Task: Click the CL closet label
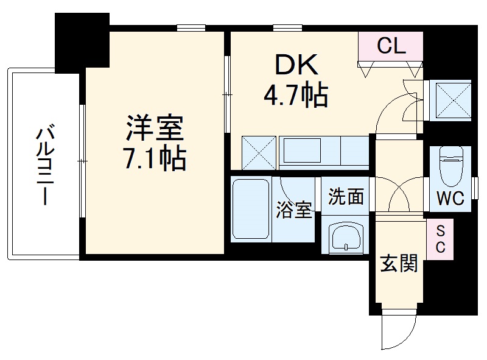tap(391, 46)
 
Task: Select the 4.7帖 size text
tap(296, 95)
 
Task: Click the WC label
tap(450, 198)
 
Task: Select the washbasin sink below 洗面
tap(345, 238)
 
